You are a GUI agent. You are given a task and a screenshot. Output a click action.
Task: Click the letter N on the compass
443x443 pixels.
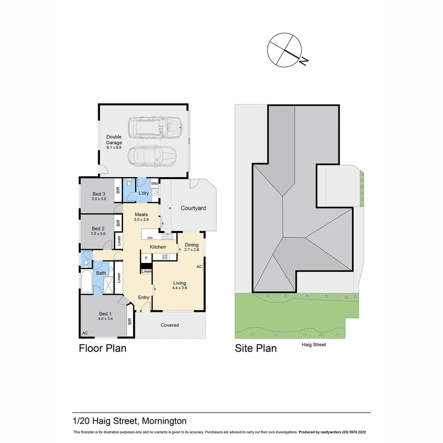(304, 61)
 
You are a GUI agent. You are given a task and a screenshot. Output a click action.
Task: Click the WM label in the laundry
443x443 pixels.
(155, 183)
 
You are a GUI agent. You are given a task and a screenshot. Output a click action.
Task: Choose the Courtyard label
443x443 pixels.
(193, 208)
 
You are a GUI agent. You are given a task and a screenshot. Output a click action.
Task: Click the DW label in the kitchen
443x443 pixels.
(150, 237)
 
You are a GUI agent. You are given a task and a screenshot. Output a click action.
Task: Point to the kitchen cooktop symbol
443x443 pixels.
(165, 257)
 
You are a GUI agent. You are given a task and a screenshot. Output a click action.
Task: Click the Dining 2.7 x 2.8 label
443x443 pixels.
(191, 247)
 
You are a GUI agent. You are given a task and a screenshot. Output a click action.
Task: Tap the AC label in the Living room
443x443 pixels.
(199, 267)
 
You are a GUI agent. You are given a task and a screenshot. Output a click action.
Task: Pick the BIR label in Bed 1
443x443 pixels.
(130, 321)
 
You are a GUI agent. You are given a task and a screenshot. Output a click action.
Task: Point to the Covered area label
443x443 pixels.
(170, 325)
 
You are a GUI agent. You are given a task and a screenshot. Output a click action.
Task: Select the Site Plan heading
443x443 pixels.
(256, 349)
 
